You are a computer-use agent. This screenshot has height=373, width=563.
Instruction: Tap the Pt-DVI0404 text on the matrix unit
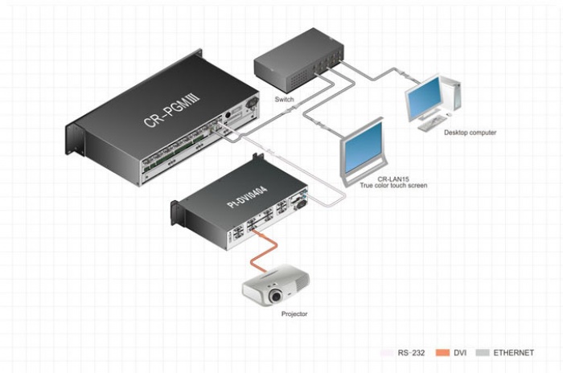click(x=248, y=197)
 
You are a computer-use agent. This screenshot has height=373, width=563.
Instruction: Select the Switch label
click(x=284, y=99)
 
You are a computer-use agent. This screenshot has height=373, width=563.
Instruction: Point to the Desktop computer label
click(x=470, y=133)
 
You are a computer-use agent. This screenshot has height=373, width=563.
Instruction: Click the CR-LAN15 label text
click(x=393, y=179)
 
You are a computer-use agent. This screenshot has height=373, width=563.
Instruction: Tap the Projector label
click(x=294, y=314)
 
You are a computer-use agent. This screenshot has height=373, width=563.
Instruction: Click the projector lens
click(x=276, y=296)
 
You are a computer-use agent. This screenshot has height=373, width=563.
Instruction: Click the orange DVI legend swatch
click(x=442, y=353)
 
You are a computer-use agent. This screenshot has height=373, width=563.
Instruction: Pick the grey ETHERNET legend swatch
click(x=483, y=353)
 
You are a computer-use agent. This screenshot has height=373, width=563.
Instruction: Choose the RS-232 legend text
click(x=411, y=353)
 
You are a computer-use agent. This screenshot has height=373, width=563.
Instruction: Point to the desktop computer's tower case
click(x=451, y=92)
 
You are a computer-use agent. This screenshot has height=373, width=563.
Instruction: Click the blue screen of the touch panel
click(x=363, y=147)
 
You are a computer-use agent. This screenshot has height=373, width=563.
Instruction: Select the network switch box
click(x=298, y=60)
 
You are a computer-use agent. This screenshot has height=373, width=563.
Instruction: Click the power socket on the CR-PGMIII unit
click(x=253, y=103)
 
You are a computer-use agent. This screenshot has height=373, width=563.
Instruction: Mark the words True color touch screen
click(x=393, y=186)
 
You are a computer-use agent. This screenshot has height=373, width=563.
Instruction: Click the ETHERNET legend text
click(x=513, y=353)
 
